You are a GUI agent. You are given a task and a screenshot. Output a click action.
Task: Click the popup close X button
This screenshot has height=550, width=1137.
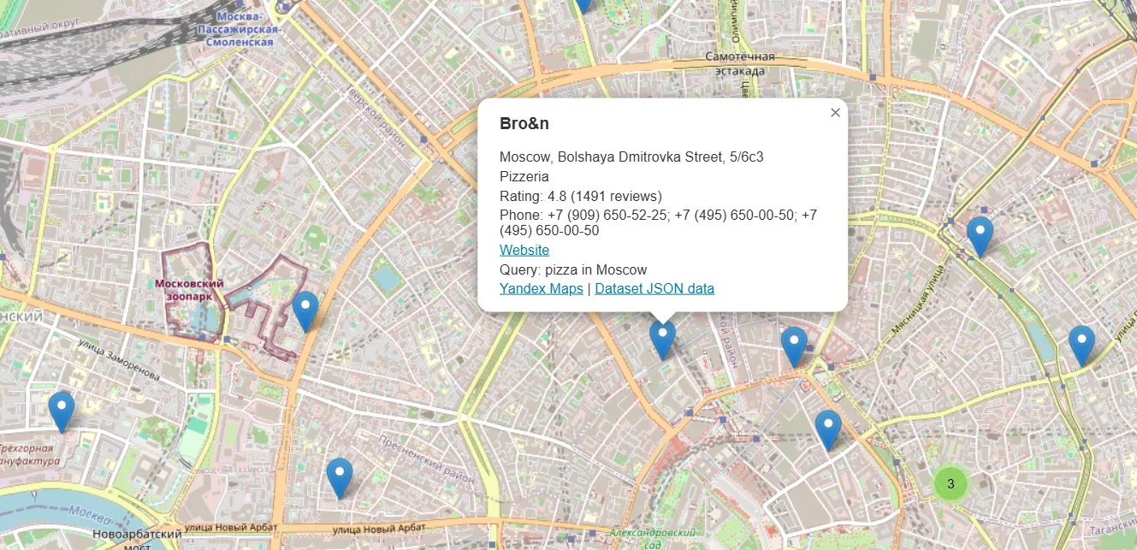[x=835, y=112]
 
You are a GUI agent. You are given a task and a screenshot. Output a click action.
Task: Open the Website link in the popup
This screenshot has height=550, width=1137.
[x=524, y=250]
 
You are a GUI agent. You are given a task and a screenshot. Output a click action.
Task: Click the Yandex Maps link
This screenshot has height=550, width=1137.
[x=541, y=288]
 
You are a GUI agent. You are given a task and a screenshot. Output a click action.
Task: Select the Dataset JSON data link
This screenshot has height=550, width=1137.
[x=654, y=288]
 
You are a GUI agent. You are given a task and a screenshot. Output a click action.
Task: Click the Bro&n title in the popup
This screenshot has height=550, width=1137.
[x=524, y=123]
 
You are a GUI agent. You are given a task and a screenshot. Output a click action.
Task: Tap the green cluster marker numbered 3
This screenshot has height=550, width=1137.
[x=950, y=484]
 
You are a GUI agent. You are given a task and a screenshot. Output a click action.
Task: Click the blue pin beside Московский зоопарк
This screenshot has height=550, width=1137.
[x=305, y=310]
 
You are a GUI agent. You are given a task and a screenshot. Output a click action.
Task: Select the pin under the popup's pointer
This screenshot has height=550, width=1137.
[x=662, y=339]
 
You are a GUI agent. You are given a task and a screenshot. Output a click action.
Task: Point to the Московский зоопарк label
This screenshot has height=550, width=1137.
[x=190, y=289]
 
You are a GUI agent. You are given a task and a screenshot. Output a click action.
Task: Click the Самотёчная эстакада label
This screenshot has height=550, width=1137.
[x=740, y=63]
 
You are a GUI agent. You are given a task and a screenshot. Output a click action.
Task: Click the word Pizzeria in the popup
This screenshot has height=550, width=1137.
[x=524, y=177]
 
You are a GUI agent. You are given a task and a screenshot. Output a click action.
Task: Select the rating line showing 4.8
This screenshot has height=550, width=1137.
[x=581, y=196]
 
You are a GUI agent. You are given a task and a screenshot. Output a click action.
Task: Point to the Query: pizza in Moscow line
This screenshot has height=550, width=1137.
[x=573, y=269]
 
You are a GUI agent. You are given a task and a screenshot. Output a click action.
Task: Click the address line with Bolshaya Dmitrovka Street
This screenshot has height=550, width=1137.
[x=631, y=157]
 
